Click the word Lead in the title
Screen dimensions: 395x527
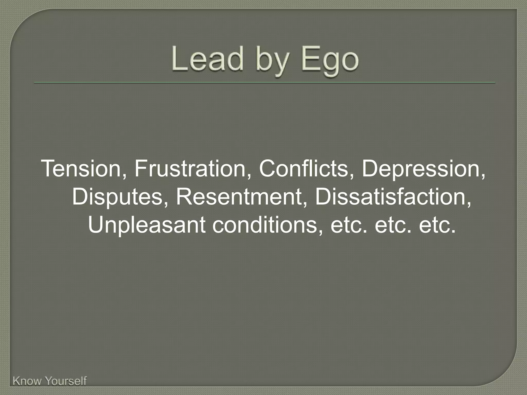click(207, 59)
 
